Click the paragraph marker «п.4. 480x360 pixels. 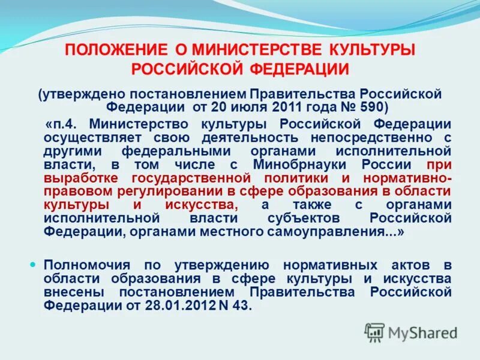click(x=63, y=124)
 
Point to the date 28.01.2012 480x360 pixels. click(x=170, y=305)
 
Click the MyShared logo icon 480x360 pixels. click(x=375, y=332)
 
